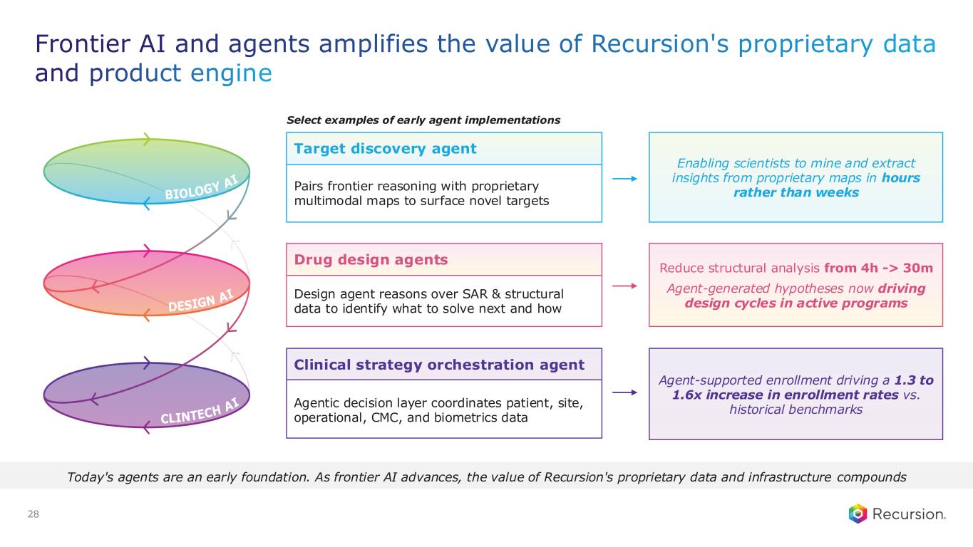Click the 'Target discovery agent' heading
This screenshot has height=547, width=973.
pos(385,148)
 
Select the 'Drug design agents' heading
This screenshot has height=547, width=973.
pos(371,259)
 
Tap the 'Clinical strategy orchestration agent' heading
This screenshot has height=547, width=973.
pos(438,365)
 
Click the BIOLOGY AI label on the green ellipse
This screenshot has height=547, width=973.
pos(202,187)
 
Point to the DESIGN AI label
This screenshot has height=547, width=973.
pos(201,301)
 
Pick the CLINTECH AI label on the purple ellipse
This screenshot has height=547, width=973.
pos(200,411)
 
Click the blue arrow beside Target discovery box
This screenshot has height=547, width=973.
pos(624,179)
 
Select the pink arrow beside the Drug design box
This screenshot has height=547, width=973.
pos(624,286)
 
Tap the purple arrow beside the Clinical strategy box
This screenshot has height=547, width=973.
pos(624,392)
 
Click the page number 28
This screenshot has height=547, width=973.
pos(33,514)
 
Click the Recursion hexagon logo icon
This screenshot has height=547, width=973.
pos(858,514)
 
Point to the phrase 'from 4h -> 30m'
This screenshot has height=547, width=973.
pos(878,268)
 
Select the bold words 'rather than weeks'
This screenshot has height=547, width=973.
pos(796,192)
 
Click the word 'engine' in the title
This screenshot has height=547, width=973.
pos(231,73)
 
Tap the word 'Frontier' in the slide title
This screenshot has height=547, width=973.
pos(83,43)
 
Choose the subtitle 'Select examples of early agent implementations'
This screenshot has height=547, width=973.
pos(423,120)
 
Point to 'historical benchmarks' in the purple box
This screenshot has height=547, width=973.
pos(796,410)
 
